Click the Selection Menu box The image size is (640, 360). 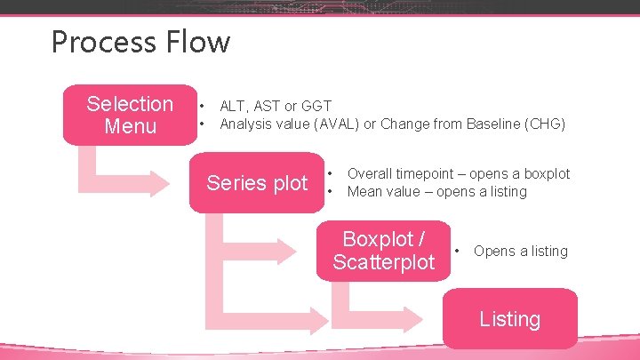click(130, 115)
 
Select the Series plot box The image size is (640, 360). click(256, 183)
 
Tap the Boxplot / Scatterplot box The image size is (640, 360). click(383, 251)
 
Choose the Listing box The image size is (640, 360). click(509, 318)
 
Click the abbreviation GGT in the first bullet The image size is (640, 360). click(316, 107)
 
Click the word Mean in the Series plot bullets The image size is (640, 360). click(364, 191)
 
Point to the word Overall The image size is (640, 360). click(372, 174)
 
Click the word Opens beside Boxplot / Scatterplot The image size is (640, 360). click(493, 252)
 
